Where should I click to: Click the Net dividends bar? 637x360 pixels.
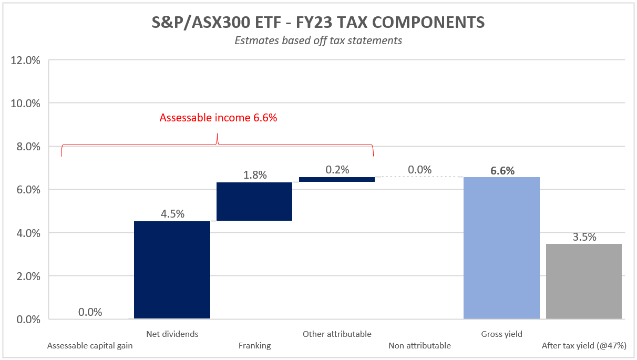coord(172,270)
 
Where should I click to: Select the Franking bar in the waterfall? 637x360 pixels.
coord(254,201)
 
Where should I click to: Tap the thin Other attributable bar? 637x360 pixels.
coord(337,179)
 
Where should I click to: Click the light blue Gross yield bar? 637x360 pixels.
coord(501,248)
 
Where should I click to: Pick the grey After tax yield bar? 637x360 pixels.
coord(584,281)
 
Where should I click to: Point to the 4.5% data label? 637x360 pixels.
coord(172,214)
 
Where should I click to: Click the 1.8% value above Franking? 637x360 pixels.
coord(255,175)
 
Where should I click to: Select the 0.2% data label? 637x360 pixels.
coord(337,170)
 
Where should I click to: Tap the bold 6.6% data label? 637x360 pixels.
coord(502,170)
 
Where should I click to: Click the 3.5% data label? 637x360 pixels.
coord(584,237)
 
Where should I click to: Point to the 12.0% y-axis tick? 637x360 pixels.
coord(26,60)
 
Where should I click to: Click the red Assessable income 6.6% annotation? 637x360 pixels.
coord(218,118)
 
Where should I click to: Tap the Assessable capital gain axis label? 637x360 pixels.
coord(90,346)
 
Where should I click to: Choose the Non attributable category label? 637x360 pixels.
coord(419,346)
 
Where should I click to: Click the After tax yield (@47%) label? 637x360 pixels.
coord(584,346)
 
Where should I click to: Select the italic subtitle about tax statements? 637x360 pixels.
coord(318,40)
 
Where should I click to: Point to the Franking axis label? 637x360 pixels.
coord(254,346)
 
